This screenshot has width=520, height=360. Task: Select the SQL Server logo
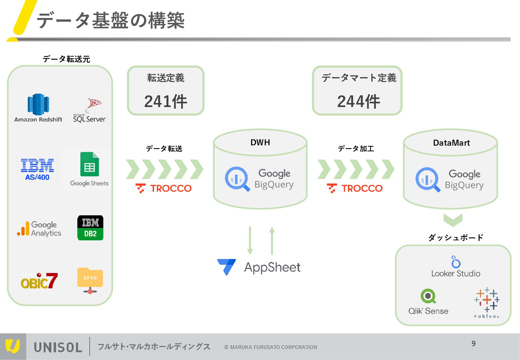coord(89,110)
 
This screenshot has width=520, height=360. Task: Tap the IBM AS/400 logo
coord(37,169)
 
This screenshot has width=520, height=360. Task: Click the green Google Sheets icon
coord(90,164)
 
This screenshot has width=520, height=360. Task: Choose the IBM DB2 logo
coord(90,228)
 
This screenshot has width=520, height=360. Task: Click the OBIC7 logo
coord(39,281)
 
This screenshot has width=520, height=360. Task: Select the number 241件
coord(166,101)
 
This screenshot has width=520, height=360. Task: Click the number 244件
coord(358,101)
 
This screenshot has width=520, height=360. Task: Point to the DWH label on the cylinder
coord(260,142)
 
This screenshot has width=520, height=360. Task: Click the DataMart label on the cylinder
coord(451,143)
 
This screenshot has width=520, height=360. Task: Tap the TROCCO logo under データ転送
coord(164,188)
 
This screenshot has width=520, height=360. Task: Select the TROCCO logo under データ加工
coord(355,188)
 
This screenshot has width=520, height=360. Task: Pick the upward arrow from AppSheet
coord(272,241)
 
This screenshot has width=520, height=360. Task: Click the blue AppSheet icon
coord(227,267)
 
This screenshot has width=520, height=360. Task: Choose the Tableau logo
coord(487,302)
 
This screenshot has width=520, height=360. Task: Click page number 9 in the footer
coord(473,344)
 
